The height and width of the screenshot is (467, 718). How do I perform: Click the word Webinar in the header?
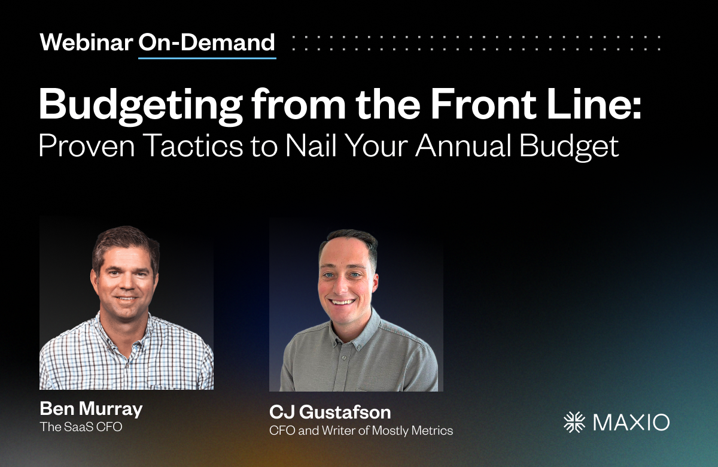click(x=86, y=43)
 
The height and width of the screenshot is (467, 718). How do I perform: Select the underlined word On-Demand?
click(x=207, y=43)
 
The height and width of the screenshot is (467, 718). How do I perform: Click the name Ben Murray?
click(x=91, y=410)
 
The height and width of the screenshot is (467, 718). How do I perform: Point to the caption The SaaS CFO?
click(x=81, y=427)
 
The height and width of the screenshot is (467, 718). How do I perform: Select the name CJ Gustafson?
click(x=330, y=413)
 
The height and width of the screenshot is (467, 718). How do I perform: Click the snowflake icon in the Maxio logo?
click(x=574, y=422)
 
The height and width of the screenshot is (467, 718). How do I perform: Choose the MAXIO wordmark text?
click(x=631, y=422)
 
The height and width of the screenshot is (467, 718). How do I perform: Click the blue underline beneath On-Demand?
click(x=207, y=58)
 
